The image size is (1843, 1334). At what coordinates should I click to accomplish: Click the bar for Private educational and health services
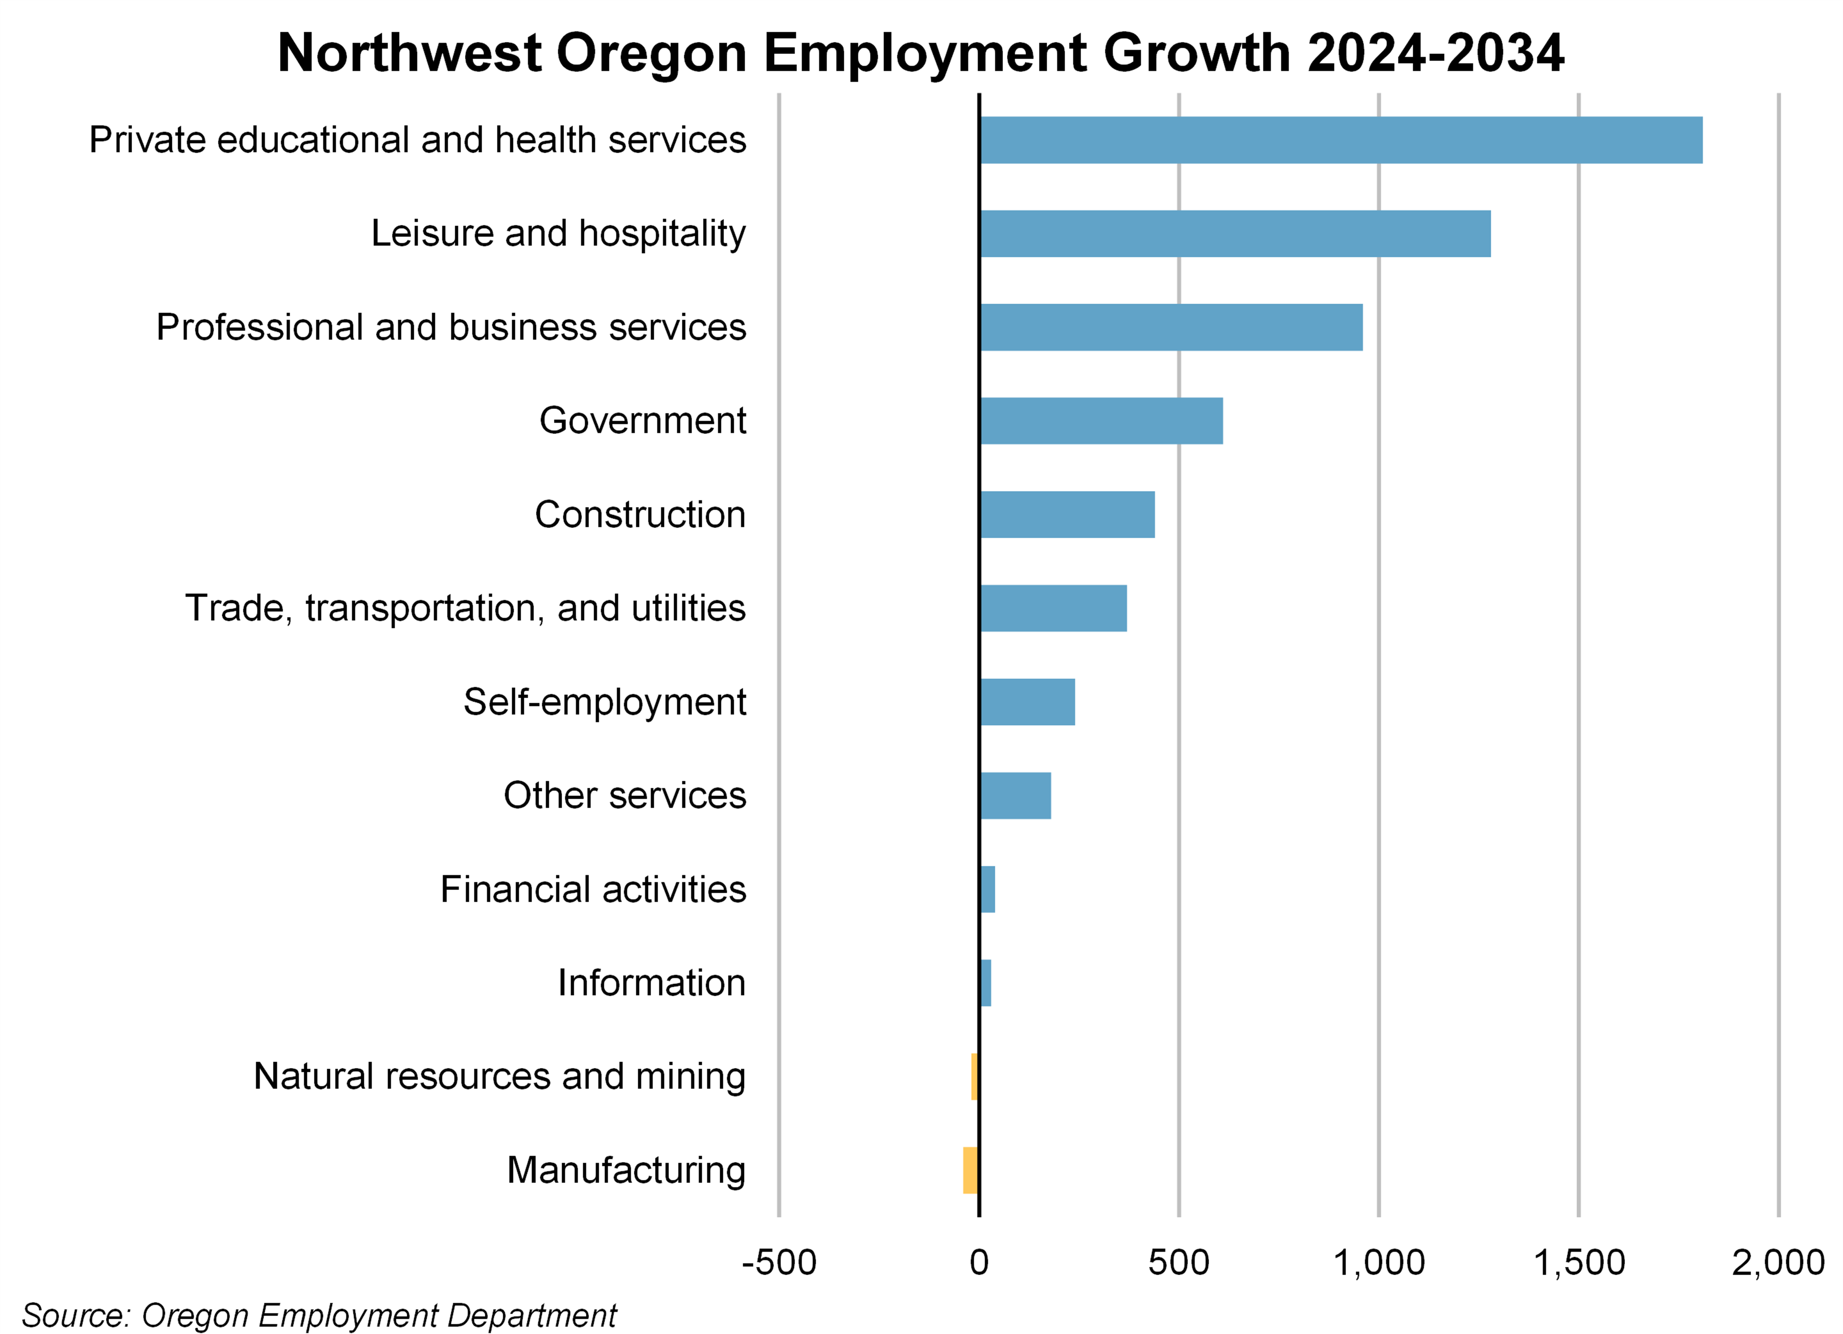tap(1341, 140)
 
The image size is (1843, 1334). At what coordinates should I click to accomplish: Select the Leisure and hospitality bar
tap(1235, 234)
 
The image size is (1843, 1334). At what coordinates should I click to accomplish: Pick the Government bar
tap(1101, 421)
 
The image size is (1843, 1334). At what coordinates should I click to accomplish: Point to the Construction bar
tap(1067, 514)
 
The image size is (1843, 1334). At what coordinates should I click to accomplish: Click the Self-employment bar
tap(1027, 702)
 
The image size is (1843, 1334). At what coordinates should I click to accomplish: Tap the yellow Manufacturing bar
tap(970, 1170)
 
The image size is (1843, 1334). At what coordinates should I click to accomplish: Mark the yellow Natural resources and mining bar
tap(974, 1076)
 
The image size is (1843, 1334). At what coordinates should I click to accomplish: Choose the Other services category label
tap(624, 795)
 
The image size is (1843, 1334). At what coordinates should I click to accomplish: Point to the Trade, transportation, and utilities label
tap(465, 608)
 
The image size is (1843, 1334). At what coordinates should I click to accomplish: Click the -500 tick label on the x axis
tap(778, 1263)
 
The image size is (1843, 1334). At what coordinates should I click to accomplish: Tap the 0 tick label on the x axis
tap(979, 1263)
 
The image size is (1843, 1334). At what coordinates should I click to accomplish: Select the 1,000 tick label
tap(1379, 1263)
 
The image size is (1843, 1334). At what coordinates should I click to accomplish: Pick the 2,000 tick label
tap(1778, 1263)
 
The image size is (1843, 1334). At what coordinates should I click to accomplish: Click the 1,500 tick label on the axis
tap(1578, 1263)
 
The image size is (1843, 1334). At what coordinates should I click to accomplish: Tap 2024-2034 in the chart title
tap(1435, 54)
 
